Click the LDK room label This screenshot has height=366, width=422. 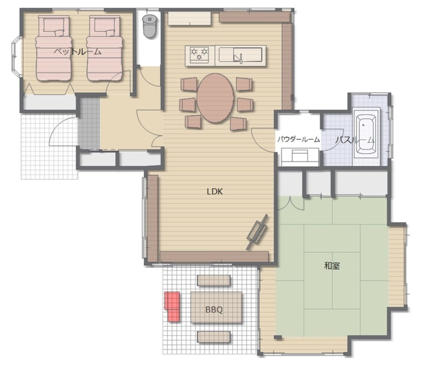215,192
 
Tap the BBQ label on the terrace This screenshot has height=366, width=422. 214,310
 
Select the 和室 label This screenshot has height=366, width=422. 332,266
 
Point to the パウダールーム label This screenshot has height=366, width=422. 299,139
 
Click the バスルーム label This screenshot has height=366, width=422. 355,140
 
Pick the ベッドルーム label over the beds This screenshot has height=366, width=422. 78,52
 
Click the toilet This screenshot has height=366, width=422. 149,26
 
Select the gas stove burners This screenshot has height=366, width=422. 199,53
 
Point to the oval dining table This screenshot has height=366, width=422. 215,98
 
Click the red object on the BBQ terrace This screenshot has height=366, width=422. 172,306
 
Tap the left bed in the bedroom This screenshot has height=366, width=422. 53,48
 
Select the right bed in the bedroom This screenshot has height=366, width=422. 105,48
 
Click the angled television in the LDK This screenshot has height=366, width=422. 258,232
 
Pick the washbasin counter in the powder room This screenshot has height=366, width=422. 300,157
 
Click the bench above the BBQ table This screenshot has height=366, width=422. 214,281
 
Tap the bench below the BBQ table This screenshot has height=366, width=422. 214,337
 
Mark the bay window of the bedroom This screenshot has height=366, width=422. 17,57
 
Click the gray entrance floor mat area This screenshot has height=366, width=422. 89,123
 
